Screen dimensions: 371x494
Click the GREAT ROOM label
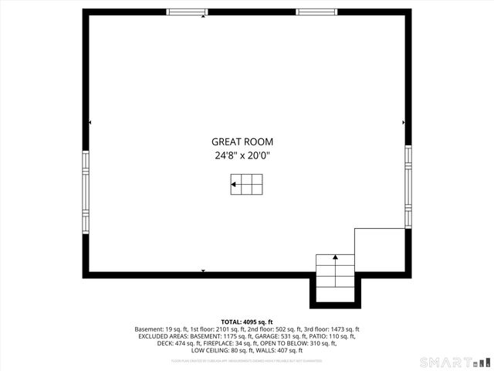(x=242, y=142)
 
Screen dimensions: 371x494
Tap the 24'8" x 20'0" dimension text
(x=242, y=155)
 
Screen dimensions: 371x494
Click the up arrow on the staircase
(x=335, y=257)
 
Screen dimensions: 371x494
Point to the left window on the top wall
(x=188, y=12)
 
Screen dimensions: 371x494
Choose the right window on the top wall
(x=316, y=12)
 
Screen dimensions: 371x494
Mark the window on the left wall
(x=86, y=190)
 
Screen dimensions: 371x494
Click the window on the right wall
(x=408, y=184)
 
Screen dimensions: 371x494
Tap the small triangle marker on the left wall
(x=91, y=122)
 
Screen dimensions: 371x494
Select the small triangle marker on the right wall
(x=403, y=122)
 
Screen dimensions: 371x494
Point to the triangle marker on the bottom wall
(x=203, y=271)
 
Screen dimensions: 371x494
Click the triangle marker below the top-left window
(x=203, y=17)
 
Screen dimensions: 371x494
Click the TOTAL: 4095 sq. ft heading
(x=247, y=322)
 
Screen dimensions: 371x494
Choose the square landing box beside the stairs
(x=380, y=251)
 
